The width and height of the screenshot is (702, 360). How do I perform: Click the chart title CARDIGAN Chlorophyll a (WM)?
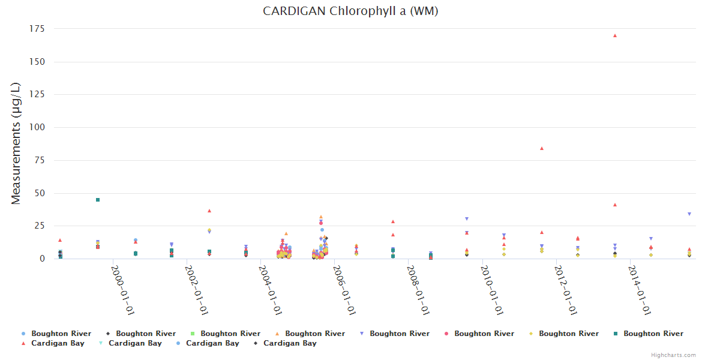coord(350,11)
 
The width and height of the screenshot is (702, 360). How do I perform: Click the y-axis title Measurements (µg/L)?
coord(16,143)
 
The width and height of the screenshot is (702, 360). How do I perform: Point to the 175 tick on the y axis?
coord(37,28)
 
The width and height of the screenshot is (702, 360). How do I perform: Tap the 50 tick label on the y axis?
coord(40,193)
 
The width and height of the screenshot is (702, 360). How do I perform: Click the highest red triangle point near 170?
coord(615,35)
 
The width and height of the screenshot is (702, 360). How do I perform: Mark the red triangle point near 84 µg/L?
coord(542,148)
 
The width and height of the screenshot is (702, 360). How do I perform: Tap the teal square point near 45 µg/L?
coord(98,200)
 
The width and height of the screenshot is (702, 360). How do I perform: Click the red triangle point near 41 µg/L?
coord(615,205)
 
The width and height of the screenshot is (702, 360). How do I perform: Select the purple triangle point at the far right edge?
coord(689,214)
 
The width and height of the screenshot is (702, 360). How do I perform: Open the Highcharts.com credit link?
coord(673,355)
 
